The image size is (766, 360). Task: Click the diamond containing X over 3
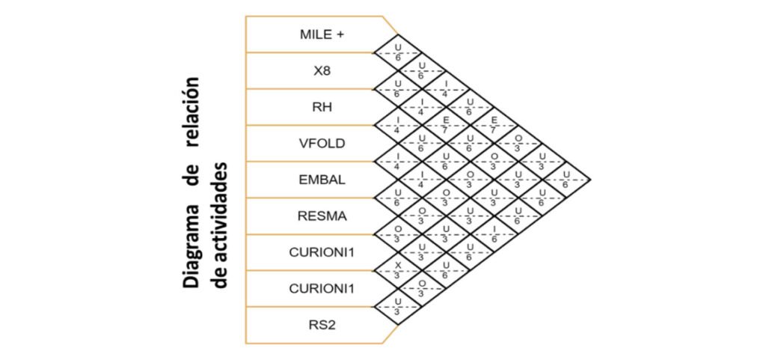(x=398, y=270)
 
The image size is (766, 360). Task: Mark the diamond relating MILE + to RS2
(x=567, y=180)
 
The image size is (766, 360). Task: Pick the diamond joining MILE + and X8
(x=398, y=53)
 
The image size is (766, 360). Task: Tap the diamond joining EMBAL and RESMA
(x=398, y=198)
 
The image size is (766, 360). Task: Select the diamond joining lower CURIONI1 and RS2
(x=398, y=306)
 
